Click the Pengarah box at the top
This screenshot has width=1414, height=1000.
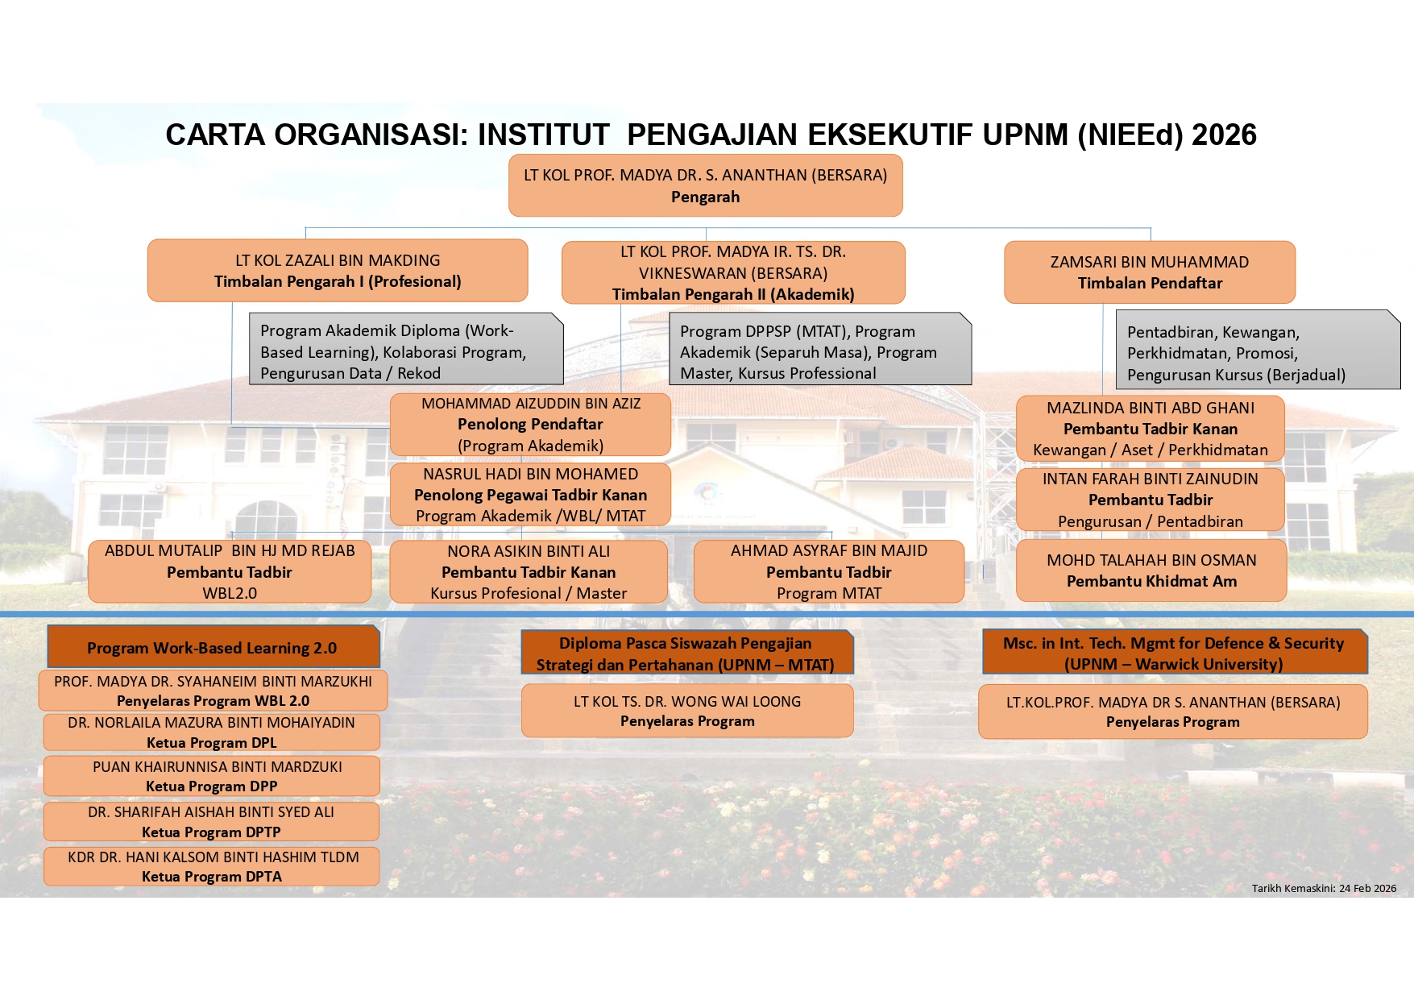(x=705, y=185)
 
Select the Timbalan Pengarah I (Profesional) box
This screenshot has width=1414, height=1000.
(x=338, y=271)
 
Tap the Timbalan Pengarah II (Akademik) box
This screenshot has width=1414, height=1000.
(x=733, y=272)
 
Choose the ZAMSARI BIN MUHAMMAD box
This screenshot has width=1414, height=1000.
(x=1150, y=272)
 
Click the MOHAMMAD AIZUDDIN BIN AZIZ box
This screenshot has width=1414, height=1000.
(x=530, y=425)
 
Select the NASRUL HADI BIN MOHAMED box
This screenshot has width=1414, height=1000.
(x=530, y=495)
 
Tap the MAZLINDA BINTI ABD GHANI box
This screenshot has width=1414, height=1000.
(x=1150, y=429)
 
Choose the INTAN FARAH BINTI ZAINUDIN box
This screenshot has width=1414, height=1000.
(x=1150, y=500)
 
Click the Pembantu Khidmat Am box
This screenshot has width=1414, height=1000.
(x=1151, y=571)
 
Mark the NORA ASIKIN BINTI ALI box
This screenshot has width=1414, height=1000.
(x=529, y=572)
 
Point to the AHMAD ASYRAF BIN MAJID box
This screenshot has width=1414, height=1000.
(x=828, y=572)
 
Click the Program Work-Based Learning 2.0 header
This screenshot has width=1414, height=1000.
(x=213, y=648)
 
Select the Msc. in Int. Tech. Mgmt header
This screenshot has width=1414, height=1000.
(x=1174, y=653)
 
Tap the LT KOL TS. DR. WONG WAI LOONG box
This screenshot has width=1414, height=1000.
(x=687, y=711)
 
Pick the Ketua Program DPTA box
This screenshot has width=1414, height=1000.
(x=212, y=867)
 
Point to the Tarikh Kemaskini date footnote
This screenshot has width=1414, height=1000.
(x=1324, y=888)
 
